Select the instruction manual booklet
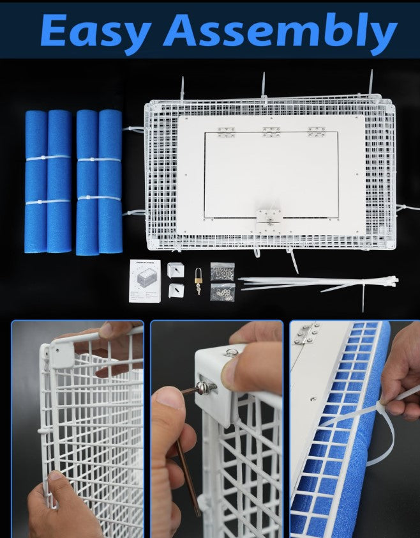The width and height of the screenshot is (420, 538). (144, 280)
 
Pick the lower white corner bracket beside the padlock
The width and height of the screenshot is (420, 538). (176, 291)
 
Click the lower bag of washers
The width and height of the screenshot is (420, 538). (222, 292)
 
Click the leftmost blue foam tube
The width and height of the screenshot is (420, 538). (36, 181)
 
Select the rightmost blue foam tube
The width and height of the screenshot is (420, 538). (110, 181)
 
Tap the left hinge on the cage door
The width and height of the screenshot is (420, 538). (226, 132)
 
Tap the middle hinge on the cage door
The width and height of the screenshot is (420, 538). (271, 132)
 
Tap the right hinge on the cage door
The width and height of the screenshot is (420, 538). (316, 132)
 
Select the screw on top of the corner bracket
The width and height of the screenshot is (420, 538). (232, 352)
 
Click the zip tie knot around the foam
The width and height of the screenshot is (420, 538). (382, 406)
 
